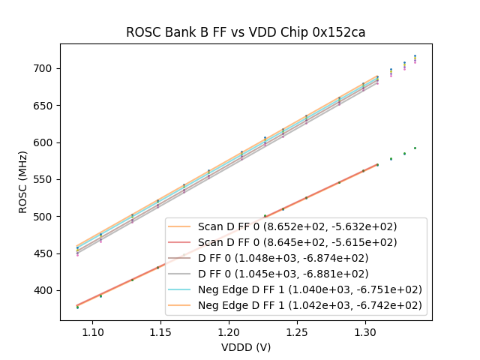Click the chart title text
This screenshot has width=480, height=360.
[245, 33]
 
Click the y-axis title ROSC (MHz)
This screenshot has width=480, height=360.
[23, 181]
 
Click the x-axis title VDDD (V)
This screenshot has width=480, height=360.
[246, 347]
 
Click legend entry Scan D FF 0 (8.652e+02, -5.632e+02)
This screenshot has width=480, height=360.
[297, 226]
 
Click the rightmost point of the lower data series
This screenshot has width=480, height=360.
[415, 148]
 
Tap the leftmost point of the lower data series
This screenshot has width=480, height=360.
[77, 307]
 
